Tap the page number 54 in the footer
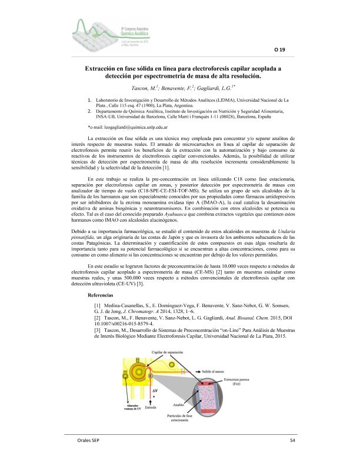(x=293, y=441)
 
